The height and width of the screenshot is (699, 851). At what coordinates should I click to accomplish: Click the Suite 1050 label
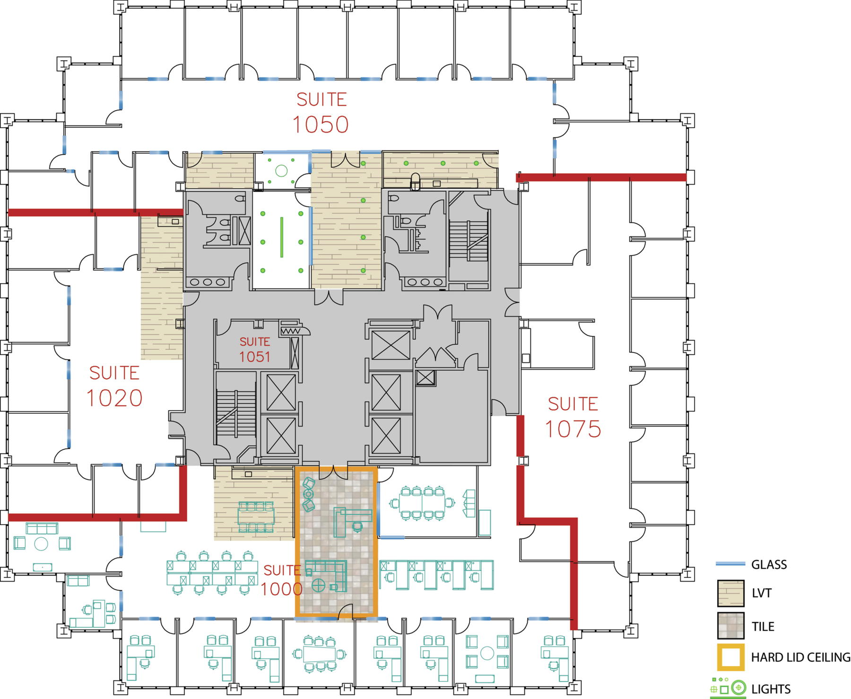pyautogui.click(x=321, y=113)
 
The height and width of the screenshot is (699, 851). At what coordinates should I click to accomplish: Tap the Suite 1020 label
pyautogui.click(x=114, y=386)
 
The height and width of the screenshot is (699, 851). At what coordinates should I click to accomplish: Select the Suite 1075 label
pyautogui.click(x=573, y=417)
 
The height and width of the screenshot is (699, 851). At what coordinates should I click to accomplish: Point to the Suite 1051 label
pyautogui.click(x=255, y=350)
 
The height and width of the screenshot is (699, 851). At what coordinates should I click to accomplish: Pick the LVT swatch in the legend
pyautogui.click(x=730, y=593)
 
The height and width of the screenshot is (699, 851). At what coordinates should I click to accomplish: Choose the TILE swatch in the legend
pyautogui.click(x=730, y=626)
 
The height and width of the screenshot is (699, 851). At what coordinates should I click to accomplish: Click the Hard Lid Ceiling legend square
pyautogui.click(x=730, y=657)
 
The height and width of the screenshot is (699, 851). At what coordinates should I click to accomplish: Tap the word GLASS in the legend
pyautogui.click(x=769, y=565)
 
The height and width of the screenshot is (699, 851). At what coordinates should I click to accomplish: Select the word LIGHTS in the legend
pyautogui.click(x=771, y=689)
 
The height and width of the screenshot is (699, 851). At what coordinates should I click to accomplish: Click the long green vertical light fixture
pyautogui.click(x=282, y=237)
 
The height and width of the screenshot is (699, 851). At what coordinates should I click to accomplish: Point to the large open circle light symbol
pyautogui.click(x=281, y=171)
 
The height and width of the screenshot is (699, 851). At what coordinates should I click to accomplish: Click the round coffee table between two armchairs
pyautogui.click(x=41, y=544)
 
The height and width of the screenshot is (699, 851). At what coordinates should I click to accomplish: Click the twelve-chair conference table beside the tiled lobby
pyautogui.click(x=422, y=503)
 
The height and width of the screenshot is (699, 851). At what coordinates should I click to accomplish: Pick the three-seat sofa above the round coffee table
pyautogui.click(x=42, y=528)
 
